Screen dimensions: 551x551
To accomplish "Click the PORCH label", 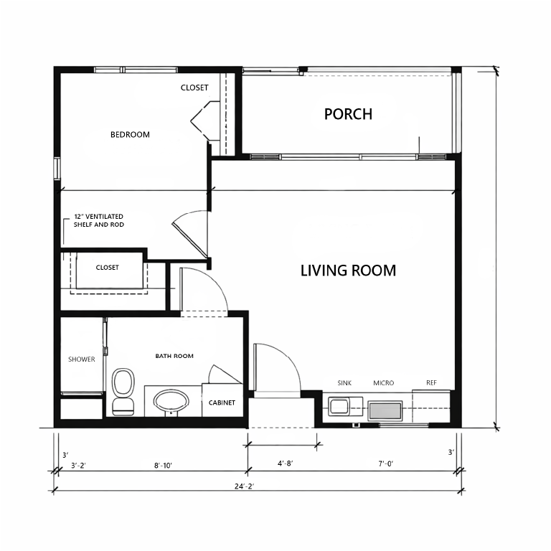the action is click(x=348, y=114).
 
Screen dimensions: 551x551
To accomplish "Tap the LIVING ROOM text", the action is click(x=348, y=270).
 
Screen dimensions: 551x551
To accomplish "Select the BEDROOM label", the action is click(x=130, y=135).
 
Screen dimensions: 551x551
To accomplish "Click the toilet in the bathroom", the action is click(x=123, y=392).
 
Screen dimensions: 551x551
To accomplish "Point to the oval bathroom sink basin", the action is click(x=171, y=402).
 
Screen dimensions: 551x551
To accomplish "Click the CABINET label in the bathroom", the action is click(x=222, y=402).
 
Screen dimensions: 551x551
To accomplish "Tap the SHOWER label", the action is click(x=82, y=359).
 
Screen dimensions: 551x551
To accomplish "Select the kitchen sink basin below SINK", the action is click(x=339, y=406).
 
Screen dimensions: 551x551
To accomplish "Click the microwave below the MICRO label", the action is click(x=385, y=410).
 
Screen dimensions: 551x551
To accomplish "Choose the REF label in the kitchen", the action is click(x=431, y=382).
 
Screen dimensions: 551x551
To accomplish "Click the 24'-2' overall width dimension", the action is click(x=244, y=486).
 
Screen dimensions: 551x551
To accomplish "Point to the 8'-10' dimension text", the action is click(x=163, y=466).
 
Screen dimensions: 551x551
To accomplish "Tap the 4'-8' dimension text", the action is click(x=286, y=463).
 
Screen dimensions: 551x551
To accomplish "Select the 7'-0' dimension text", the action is click(x=385, y=464).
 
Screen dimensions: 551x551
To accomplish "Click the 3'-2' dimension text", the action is click(x=78, y=466).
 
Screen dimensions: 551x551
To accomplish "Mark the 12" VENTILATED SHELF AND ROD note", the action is click(x=99, y=220).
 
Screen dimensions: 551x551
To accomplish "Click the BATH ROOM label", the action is click(x=174, y=356).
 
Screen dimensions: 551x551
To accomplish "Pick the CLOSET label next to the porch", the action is click(x=194, y=88).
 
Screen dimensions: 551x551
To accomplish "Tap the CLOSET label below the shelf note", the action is click(x=107, y=268).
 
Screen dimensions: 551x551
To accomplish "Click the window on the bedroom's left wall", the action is click(x=57, y=169).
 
